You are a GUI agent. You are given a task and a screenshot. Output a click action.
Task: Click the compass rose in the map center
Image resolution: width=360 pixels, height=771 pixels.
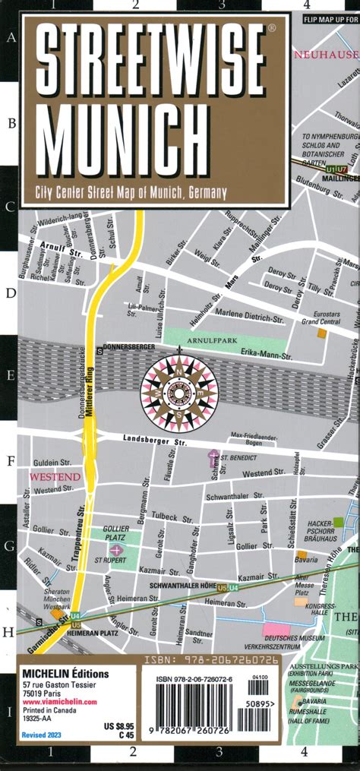point(179,393)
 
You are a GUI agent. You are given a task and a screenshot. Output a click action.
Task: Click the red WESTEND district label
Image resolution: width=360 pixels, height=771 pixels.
point(55,476)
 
